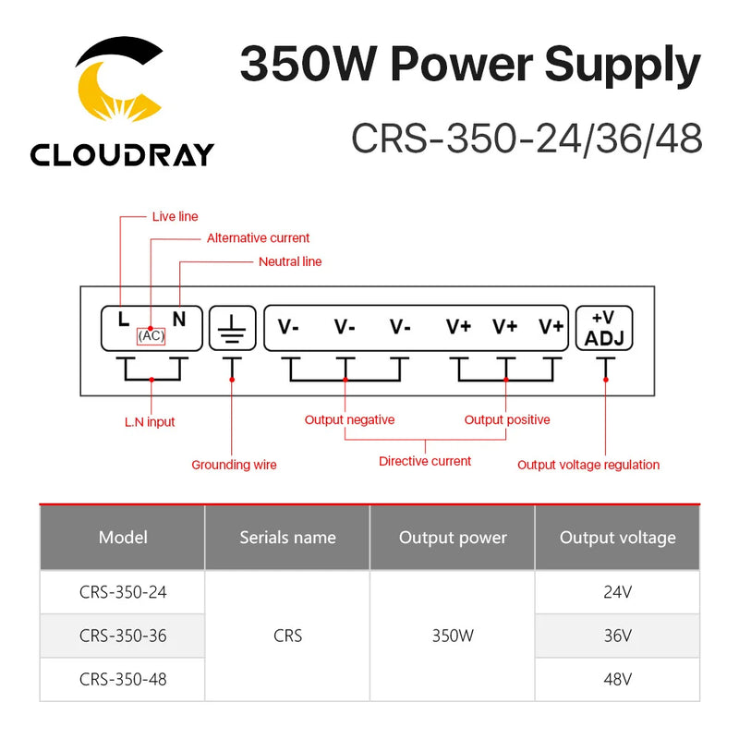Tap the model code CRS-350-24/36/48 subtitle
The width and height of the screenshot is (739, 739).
(527, 139)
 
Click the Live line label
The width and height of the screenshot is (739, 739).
(175, 217)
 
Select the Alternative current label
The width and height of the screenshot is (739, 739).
(258, 238)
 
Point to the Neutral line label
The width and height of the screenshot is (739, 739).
(290, 261)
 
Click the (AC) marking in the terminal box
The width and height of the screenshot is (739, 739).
(151, 336)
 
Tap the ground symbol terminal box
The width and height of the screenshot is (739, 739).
(232, 328)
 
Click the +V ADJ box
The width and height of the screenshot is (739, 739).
(605, 328)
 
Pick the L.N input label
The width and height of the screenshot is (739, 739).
(150, 422)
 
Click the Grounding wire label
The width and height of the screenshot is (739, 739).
(234, 465)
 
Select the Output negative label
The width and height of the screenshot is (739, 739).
(349, 420)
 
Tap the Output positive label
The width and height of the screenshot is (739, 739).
(506, 420)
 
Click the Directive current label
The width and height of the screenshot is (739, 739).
(425, 461)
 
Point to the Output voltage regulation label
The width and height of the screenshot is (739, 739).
(588, 465)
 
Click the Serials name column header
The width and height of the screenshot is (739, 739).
(287, 538)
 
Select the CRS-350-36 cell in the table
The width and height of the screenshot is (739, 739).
(123, 636)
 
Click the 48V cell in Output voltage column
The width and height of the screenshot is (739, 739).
(617, 680)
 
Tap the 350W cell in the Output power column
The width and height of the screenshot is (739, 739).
(453, 636)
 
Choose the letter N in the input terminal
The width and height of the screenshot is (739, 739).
(179, 320)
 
